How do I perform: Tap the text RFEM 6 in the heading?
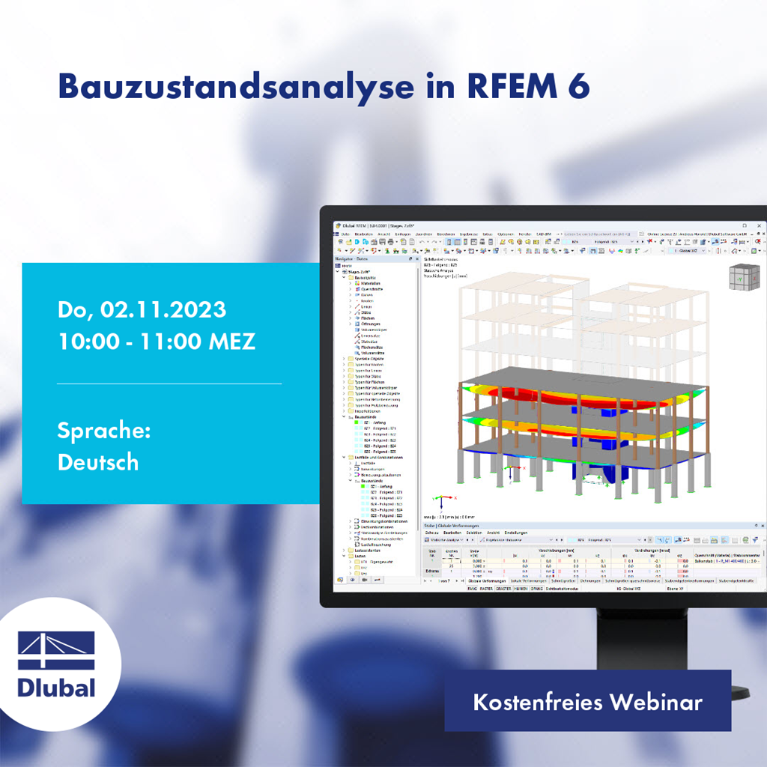tap(524, 87)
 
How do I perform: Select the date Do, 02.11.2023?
tap(142, 310)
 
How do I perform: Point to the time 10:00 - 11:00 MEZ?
tap(157, 342)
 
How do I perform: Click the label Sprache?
tap(104, 431)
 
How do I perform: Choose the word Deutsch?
tap(98, 462)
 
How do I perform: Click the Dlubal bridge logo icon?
tap(57, 650)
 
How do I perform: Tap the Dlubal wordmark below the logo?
tap(57, 686)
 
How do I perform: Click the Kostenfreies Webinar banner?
tap(587, 702)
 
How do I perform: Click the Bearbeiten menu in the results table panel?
tap(452, 532)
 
